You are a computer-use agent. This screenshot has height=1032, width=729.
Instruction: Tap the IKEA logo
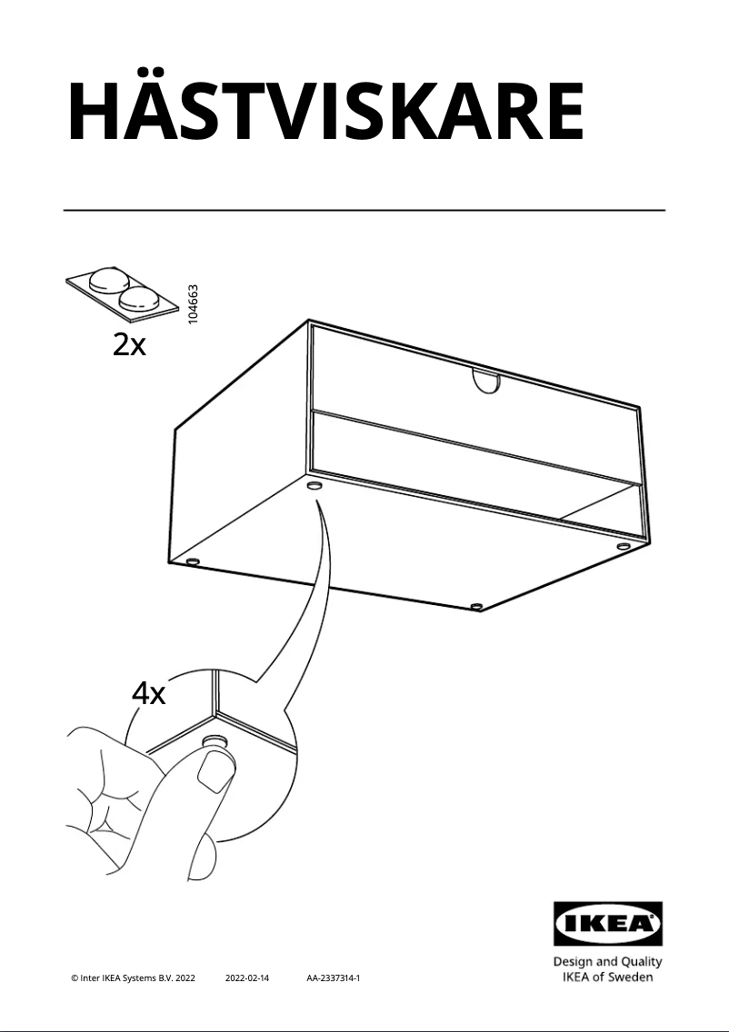click(608, 923)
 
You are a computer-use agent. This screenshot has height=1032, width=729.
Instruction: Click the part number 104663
click(193, 304)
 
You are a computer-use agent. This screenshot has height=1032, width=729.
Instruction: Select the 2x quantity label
click(129, 344)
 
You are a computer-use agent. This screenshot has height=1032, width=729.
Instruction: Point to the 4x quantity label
click(149, 694)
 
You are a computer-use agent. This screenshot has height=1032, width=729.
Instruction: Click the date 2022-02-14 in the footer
click(247, 978)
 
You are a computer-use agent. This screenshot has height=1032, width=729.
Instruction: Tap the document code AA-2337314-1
click(334, 978)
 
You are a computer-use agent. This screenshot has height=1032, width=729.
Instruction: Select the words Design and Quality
click(607, 961)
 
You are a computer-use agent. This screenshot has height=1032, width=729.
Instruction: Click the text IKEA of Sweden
click(607, 977)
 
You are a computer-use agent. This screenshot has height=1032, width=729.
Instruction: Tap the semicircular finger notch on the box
click(486, 381)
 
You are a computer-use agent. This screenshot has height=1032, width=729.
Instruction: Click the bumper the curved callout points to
click(315, 486)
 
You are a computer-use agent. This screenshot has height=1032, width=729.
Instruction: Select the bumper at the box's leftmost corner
click(193, 561)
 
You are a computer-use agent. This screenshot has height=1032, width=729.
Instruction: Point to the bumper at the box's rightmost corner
click(622, 546)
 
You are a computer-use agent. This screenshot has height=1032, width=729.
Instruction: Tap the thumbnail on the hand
click(214, 771)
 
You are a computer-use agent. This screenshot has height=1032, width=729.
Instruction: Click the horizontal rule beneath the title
click(364, 211)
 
